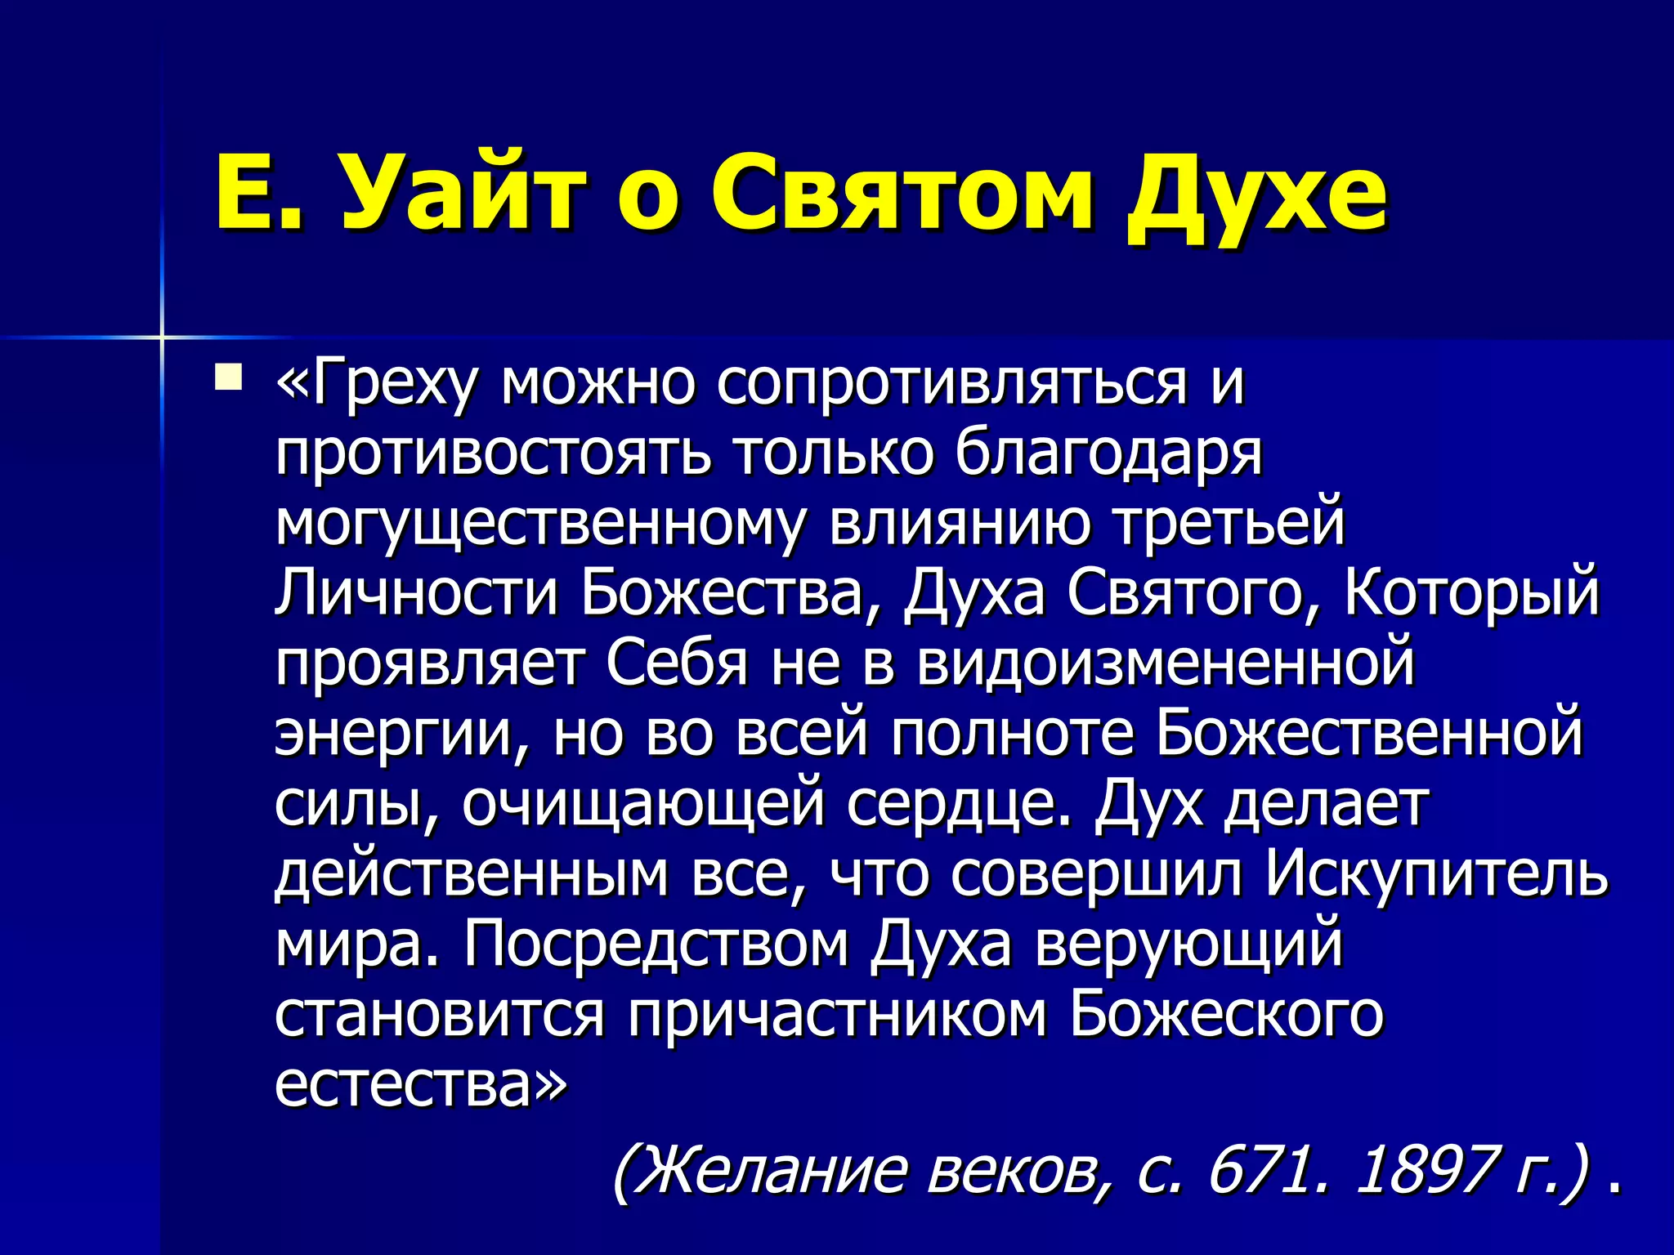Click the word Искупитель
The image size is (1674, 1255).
1436,874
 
